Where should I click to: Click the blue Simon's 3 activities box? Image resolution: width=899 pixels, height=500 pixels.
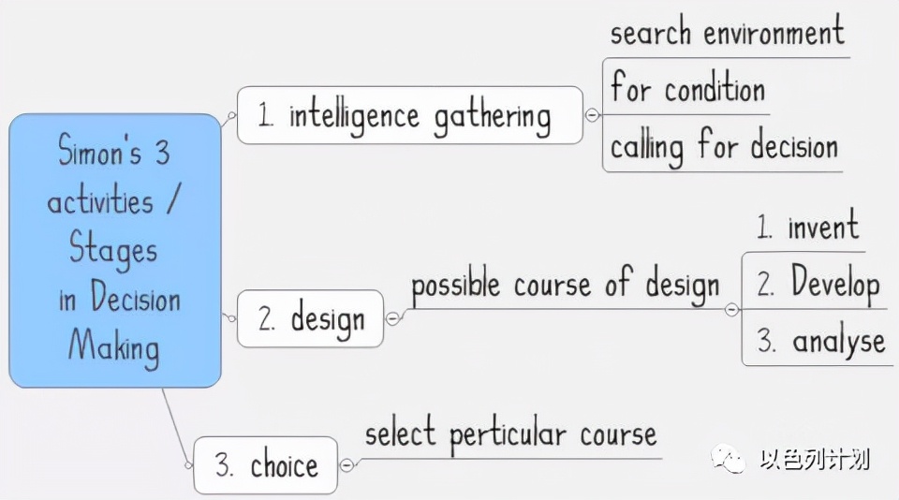(114, 251)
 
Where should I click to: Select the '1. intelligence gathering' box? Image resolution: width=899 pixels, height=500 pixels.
(410, 115)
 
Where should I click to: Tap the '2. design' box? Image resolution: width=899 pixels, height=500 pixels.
(310, 318)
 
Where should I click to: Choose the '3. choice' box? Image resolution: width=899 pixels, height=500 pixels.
(266, 465)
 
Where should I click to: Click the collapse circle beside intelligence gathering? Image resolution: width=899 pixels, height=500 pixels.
(592, 115)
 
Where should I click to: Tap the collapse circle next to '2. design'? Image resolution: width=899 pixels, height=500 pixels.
(392, 318)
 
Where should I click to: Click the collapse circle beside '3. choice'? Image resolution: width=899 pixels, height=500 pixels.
(346, 465)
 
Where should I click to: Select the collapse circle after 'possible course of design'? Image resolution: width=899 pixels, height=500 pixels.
(731, 310)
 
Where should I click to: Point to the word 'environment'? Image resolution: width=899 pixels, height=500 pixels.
(774, 32)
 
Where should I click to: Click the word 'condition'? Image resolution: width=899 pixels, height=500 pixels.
(715, 90)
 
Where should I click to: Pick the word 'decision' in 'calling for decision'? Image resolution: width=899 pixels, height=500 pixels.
(794, 146)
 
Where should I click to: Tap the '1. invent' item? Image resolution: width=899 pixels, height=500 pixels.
(807, 226)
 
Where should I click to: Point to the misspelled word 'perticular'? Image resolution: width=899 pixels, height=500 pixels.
(508, 434)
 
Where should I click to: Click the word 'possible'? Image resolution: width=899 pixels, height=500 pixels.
(456, 286)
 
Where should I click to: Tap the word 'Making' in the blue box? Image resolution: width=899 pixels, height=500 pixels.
(113, 347)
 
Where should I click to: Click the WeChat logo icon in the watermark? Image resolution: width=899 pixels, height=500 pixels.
(728, 458)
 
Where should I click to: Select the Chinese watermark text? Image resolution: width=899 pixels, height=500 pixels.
(815, 460)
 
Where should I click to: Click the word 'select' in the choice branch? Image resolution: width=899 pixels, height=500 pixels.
(400, 434)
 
